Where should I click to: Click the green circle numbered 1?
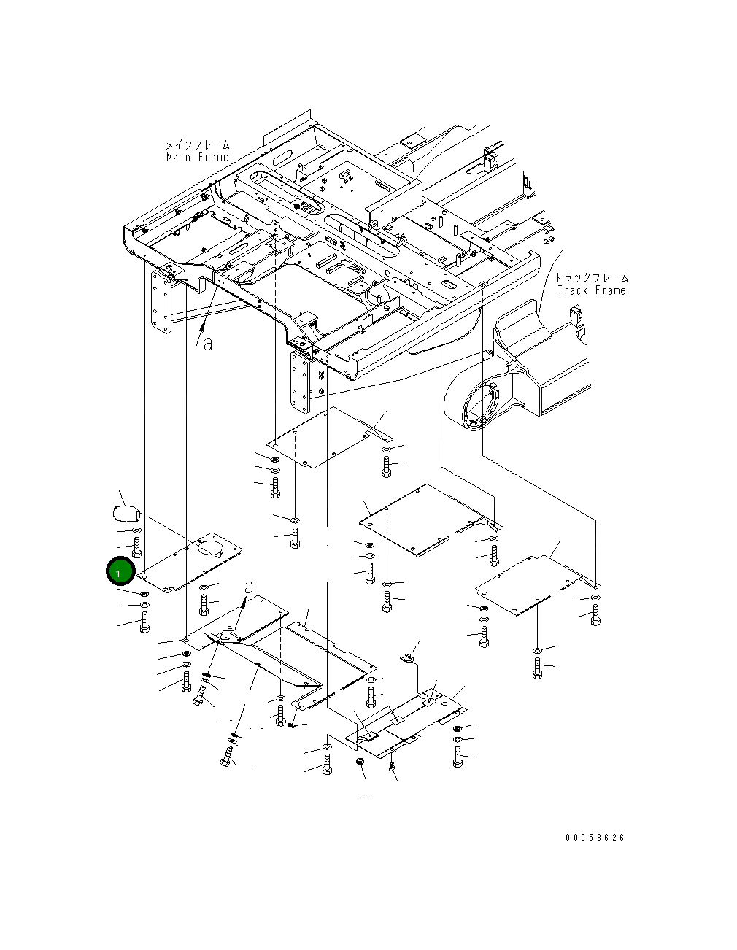(x=119, y=572)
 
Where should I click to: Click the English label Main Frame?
(x=197, y=157)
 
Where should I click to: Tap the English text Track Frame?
(x=591, y=290)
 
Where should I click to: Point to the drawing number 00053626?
(x=595, y=838)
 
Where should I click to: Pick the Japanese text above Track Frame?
(x=591, y=278)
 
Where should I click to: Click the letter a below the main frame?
(x=209, y=342)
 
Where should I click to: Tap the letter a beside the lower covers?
(x=250, y=587)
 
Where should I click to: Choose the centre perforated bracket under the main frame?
(x=299, y=383)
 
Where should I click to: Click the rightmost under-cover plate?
(x=536, y=584)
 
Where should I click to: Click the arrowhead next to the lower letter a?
(x=242, y=603)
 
